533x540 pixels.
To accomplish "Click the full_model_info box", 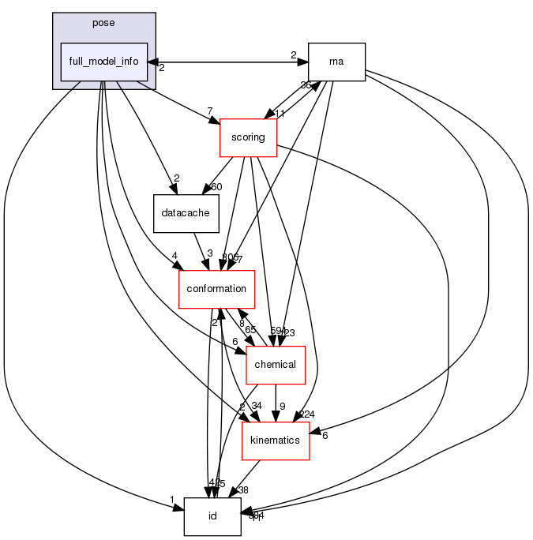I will pyautogui.click(x=104, y=62).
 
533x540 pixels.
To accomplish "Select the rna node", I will pyautogui.click(x=336, y=62).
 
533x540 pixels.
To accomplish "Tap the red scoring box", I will pyautogui.click(x=248, y=137).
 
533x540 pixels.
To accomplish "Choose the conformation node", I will pyautogui.click(x=217, y=289).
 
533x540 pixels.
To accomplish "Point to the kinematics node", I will pyautogui.click(x=275, y=440).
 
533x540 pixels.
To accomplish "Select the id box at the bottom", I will pyautogui.click(x=212, y=516).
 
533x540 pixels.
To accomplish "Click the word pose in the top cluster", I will pyautogui.click(x=103, y=23).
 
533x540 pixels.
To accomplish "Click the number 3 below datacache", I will pyautogui.click(x=210, y=253).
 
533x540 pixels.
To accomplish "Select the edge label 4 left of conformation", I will pyautogui.click(x=173, y=255).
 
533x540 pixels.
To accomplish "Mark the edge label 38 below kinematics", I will pyautogui.click(x=242, y=489).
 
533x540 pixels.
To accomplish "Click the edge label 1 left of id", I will pyautogui.click(x=172, y=499).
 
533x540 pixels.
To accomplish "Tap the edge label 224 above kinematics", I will pyautogui.click(x=307, y=414).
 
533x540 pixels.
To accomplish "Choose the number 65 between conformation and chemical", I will pyautogui.click(x=250, y=330).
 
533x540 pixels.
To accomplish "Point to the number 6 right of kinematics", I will pyautogui.click(x=325, y=435).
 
